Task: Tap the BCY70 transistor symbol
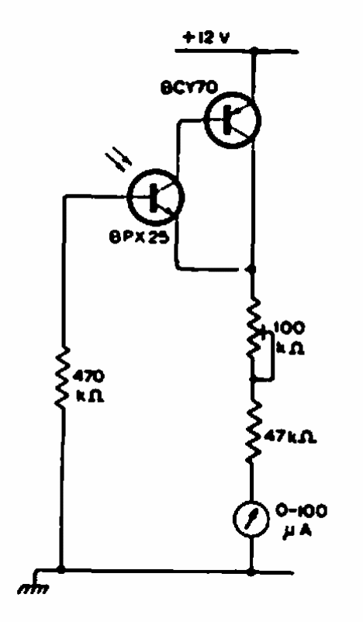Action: pyautogui.click(x=233, y=119)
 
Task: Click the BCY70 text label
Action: pyautogui.click(x=188, y=88)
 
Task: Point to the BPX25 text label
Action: pyautogui.click(x=139, y=238)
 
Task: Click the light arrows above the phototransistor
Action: pyautogui.click(x=121, y=161)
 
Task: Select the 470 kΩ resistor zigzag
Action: pyautogui.click(x=62, y=376)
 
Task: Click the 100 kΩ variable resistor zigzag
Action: pyautogui.click(x=253, y=330)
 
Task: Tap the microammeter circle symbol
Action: pyautogui.click(x=251, y=519)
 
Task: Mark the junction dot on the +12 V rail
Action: pyautogui.click(x=254, y=50)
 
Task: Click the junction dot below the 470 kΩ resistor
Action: pyautogui.click(x=61, y=570)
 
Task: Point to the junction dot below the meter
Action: pyautogui.click(x=251, y=572)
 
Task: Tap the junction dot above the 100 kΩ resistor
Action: pyautogui.click(x=251, y=269)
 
